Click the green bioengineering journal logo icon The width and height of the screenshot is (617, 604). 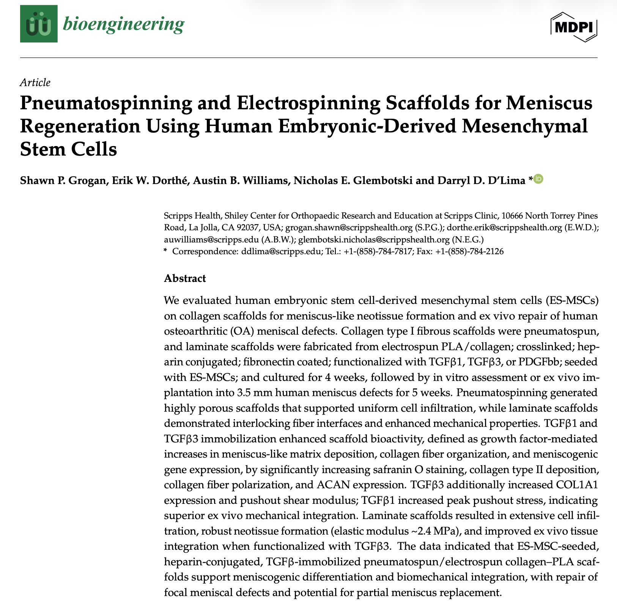click(x=39, y=24)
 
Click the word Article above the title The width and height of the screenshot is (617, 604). click(x=35, y=82)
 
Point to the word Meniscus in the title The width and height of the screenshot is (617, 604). click(x=549, y=103)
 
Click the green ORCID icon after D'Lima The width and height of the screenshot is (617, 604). click(x=538, y=179)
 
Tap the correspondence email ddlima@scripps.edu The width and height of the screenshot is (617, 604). click(x=281, y=251)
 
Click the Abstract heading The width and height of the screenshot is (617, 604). click(x=185, y=278)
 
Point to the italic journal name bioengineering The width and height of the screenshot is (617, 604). click(x=123, y=24)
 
